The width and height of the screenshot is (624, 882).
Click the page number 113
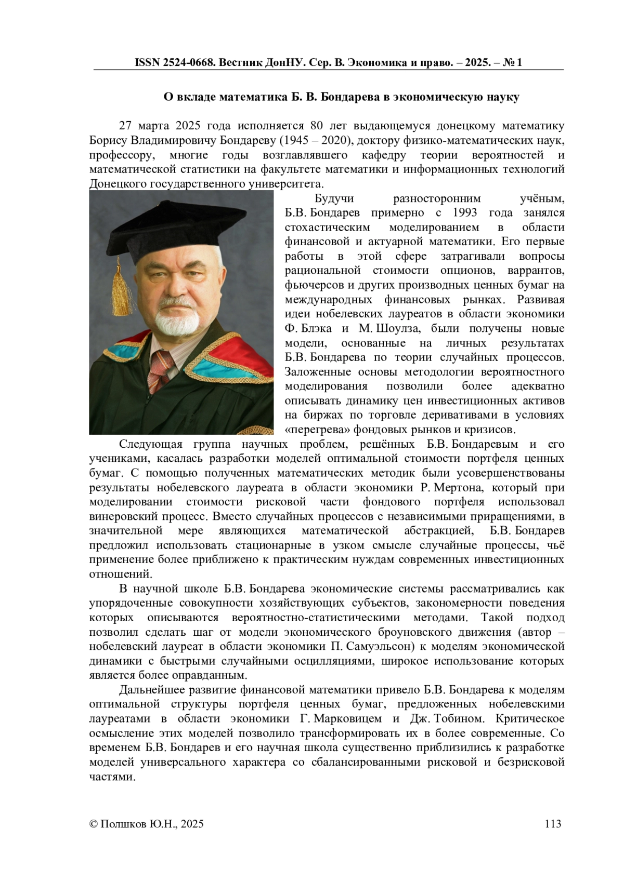[553, 823]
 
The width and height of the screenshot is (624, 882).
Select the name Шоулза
[383, 328]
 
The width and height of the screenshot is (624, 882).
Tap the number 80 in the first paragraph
[317, 126]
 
